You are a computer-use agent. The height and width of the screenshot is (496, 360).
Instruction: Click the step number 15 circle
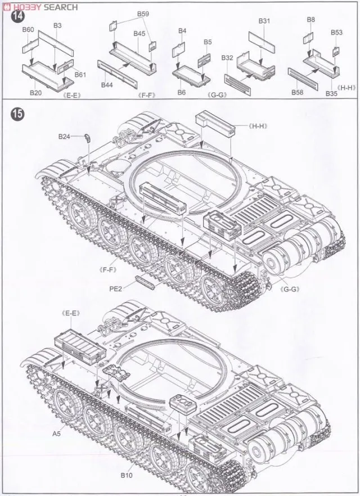17,114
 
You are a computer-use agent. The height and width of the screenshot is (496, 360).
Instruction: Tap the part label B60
28,30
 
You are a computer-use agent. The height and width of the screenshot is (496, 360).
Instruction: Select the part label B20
36,93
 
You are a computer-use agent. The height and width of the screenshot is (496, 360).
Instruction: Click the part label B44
107,85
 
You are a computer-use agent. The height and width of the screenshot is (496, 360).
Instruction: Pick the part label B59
143,13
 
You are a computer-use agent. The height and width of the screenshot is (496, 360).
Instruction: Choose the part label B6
182,92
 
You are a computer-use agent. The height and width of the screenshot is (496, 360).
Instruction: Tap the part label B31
265,21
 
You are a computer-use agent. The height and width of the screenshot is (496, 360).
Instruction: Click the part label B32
227,58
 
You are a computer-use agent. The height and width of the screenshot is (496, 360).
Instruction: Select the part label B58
299,92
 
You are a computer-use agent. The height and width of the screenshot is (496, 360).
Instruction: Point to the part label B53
336,33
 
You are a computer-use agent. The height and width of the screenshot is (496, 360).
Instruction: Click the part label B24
64,137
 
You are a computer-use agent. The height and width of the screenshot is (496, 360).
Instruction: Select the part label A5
56,434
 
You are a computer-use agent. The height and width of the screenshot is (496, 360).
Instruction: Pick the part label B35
331,93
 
